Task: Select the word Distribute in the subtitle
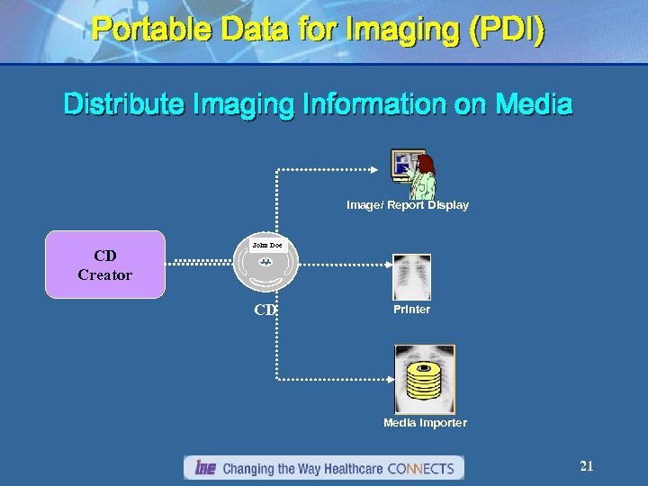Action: [x=122, y=104]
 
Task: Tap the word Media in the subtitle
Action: [x=532, y=104]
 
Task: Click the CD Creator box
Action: [x=105, y=265]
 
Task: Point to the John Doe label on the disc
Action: [x=266, y=245]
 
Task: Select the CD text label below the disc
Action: [x=265, y=310]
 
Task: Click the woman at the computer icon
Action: [x=413, y=174]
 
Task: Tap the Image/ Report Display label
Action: [x=408, y=205]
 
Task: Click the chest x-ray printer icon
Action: [x=411, y=277]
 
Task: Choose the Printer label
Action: [x=411, y=310]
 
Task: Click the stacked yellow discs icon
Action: [x=424, y=379]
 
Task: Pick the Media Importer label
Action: [x=425, y=423]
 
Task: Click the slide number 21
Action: [x=587, y=466]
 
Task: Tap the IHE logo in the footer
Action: [x=204, y=468]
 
